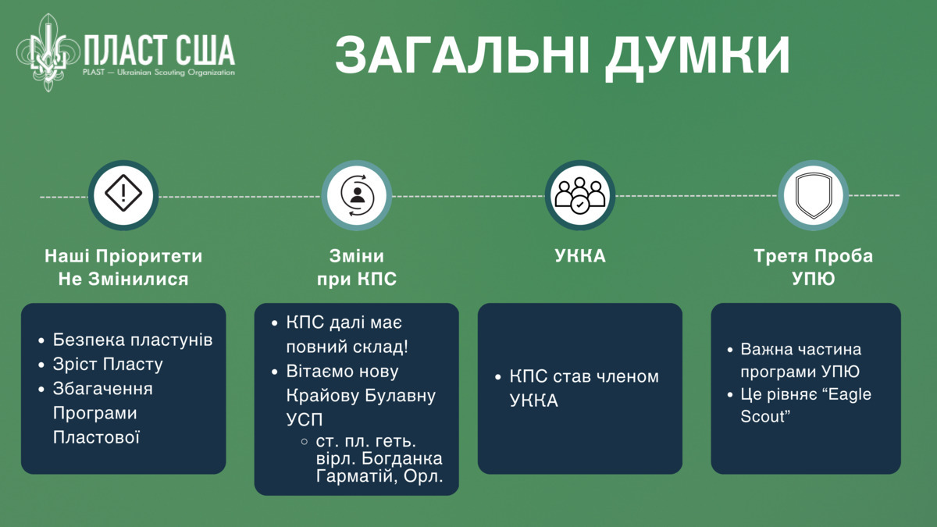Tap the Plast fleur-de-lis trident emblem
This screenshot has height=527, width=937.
click(48, 53)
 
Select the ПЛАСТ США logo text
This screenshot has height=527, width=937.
click(159, 51)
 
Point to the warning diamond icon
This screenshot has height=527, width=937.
click(123, 194)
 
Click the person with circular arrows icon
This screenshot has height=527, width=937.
click(357, 195)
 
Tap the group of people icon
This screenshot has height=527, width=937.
click(579, 195)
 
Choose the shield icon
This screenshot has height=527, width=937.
click(813, 195)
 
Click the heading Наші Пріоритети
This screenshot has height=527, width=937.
click(123, 256)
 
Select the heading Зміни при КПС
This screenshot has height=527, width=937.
click(357, 268)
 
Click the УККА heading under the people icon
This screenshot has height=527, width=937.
click(580, 256)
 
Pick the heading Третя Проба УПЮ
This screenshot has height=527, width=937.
click(813, 268)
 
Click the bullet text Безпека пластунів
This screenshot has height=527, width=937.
click(133, 340)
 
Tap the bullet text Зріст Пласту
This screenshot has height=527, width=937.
click(108, 365)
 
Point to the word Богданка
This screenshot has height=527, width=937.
click(401, 458)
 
